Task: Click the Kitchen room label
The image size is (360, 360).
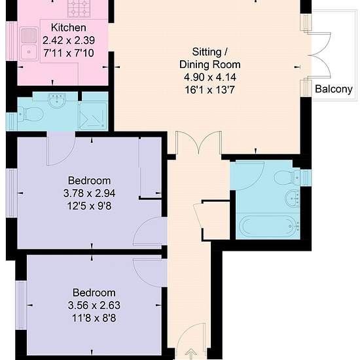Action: pos(69,27)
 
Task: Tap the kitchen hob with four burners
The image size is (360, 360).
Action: pos(79,9)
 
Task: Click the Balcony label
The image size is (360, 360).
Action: pos(334,89)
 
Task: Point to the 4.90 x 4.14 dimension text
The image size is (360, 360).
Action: pos(210,77)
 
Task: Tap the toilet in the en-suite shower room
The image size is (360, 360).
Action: pos(31,114)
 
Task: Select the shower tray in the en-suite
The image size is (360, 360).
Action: pos(93,116)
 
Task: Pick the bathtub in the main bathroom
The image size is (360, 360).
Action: pos(268,226)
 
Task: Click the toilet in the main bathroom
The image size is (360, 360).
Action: pos(287,177)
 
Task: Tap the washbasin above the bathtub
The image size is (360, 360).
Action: pos(292,198)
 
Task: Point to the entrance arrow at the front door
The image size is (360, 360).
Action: pos(190,354)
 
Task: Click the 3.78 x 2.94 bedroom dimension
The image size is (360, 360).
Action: pos(89,193)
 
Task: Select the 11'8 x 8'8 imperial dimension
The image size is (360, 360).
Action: pos(94,318)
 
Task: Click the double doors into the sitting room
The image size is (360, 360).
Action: pos(199,142)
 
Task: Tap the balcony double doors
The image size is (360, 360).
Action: pos(319,55)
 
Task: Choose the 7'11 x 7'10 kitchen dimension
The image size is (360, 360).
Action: pos(69,53)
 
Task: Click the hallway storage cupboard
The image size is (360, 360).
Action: pos(215,221)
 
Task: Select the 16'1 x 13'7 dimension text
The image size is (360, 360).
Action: pos(210,90)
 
